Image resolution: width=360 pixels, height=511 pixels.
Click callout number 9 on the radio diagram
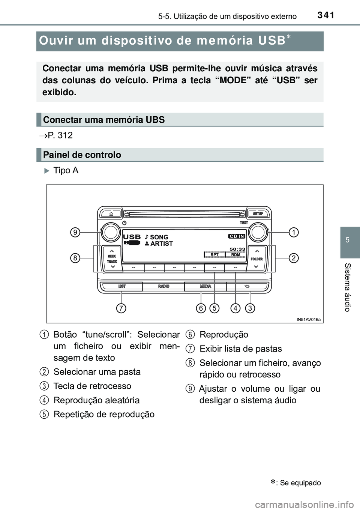coord(75,233)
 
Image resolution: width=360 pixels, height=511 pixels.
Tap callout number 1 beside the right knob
coord(294,233)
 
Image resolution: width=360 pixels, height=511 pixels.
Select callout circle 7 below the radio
coord(121,308)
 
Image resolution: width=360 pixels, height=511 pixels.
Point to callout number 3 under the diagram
coord(250,308)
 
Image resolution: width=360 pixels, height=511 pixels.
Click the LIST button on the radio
coord(122,286)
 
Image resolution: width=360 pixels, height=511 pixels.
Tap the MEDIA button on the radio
coord(205,286)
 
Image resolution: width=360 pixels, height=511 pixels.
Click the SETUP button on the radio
coord(258,213)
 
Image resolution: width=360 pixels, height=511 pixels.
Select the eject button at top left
coord(112,213)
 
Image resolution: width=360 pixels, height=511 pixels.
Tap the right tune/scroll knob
coord(258,233)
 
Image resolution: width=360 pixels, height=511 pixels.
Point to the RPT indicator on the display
coord(214,255)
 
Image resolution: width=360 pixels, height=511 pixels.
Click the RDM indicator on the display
coord(235,255)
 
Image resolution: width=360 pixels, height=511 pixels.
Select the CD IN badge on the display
coord(237,236)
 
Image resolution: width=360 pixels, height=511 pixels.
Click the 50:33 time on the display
coord(237,249)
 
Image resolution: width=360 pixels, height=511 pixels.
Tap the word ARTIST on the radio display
coord(162,244)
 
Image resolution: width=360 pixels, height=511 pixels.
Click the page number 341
coord(325,15)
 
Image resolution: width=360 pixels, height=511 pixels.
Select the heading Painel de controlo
coord(82,155)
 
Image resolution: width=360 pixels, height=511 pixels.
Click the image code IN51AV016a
coord(308,319)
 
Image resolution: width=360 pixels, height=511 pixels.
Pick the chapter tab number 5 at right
coord(348,240)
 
